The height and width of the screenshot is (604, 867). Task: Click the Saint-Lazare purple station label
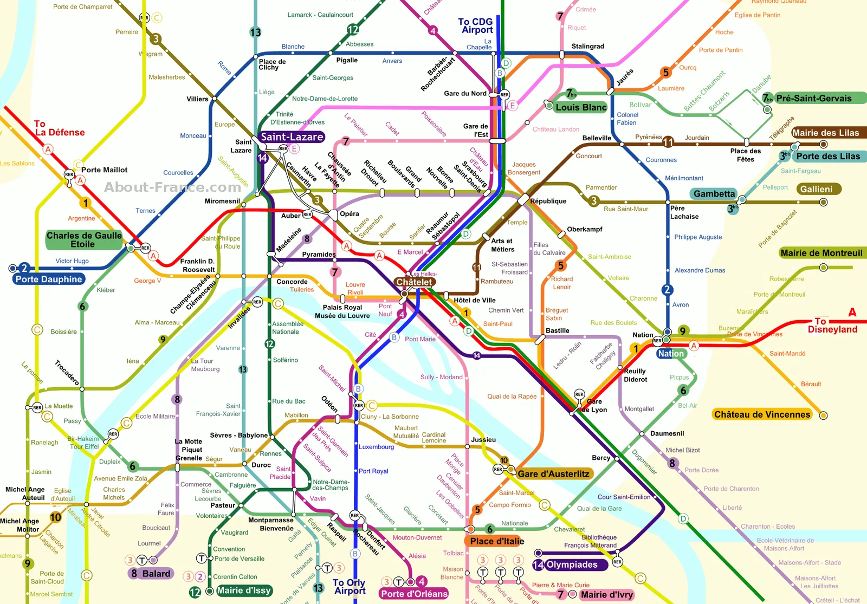(292, 137)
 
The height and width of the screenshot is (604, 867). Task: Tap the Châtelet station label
(414, 282)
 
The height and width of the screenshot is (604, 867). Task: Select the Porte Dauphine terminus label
(49, 279)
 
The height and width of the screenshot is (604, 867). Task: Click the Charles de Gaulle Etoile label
(84, 239)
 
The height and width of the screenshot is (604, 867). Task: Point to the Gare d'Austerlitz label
(553, 474)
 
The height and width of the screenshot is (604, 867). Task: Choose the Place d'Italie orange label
(497, 541)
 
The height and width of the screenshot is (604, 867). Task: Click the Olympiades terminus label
(572, 564)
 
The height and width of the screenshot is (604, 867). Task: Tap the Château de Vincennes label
(762, 414)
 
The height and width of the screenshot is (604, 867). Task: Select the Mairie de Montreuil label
(821, 253)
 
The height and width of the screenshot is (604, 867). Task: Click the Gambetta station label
(714, 194)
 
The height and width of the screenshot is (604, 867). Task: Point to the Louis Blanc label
(581, 107)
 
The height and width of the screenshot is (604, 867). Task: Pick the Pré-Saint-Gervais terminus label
(813, 99)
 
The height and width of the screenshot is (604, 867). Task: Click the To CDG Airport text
(476, 26)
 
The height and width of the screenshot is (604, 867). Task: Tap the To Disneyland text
(832, 325)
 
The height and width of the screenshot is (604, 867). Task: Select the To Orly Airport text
(350, 586)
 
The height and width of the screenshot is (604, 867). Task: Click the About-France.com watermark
(172, 187)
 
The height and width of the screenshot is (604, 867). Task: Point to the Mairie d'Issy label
(244, 590)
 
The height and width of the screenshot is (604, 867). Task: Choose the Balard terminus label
(156, 574)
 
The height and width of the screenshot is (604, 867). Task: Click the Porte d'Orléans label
(414, 594)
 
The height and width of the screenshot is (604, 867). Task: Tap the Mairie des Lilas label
(825, 133)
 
